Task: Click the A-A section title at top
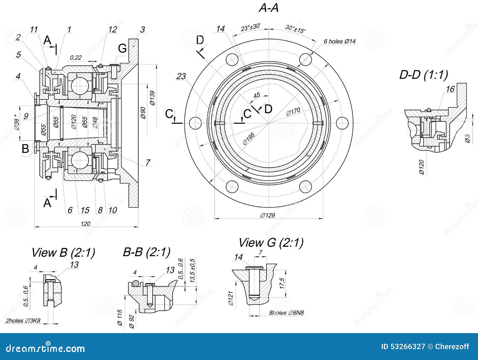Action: point(269,8)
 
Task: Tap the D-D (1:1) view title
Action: point(423,75)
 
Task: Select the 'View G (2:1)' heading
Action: point(271,243)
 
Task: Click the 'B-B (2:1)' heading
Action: point(146,252)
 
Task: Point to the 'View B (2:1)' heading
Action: point(63,253)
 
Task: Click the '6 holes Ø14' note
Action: point(340,42)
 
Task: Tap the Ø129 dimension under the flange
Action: point(267,215)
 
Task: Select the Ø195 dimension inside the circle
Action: point(249,139)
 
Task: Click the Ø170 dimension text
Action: point(293,112)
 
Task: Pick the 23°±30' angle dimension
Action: point(251,27)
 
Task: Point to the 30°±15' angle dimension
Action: point(295,29)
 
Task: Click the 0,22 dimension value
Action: point(76,57)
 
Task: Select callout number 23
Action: point(181,76)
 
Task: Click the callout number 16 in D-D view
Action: point(450,89)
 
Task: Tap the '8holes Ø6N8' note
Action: point(286,313)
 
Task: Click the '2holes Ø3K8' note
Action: point(23,321)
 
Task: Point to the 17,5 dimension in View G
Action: point(282,283)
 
